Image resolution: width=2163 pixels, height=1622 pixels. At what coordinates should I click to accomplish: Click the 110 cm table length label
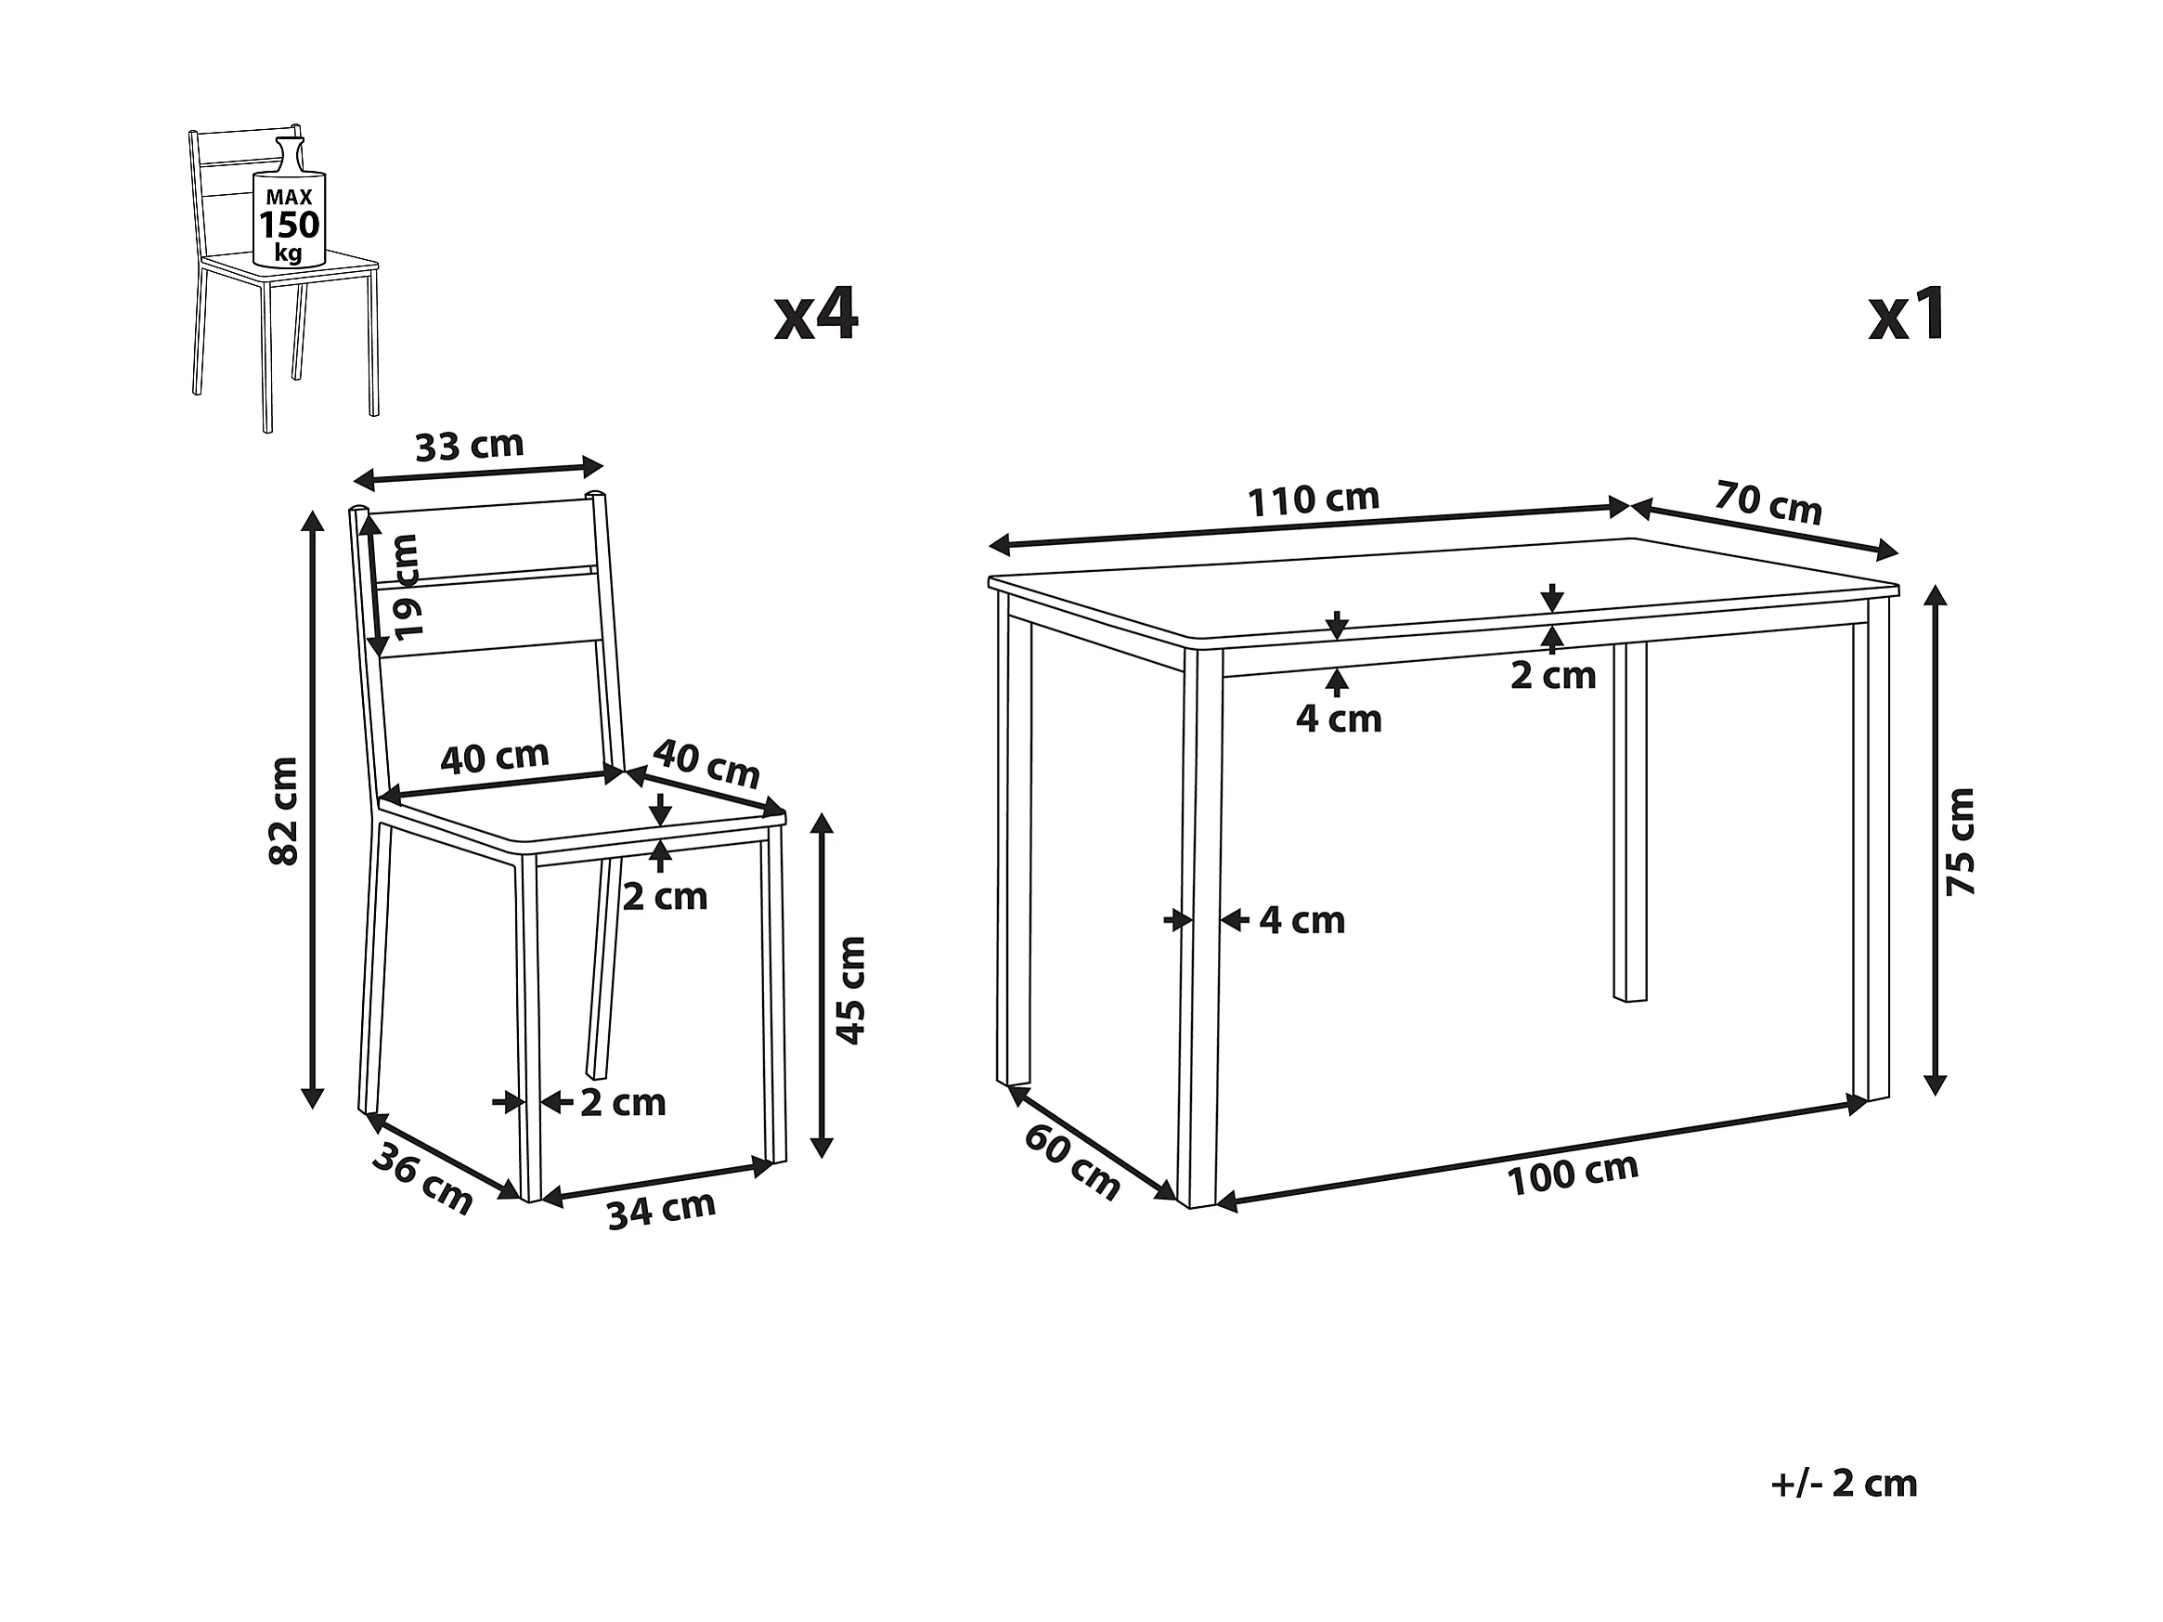1314,500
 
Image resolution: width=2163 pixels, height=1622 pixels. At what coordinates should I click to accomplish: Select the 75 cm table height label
1961,842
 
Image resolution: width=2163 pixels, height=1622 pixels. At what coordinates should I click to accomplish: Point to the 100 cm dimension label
1574,1174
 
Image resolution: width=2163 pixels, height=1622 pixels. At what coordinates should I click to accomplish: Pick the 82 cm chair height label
282,811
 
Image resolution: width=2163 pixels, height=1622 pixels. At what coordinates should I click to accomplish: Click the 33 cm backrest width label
470,446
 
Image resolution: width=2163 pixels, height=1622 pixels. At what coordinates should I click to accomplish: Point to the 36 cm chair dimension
422,1178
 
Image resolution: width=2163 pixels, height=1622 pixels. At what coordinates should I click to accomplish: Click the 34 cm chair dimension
662,1211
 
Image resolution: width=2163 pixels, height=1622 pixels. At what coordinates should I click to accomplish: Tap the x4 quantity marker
817,315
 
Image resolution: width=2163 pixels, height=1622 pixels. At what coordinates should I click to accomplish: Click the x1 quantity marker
1908,315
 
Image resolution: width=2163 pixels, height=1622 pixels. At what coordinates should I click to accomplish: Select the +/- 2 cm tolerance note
1845,1483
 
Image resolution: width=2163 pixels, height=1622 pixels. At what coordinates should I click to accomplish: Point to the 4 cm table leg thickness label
1302,920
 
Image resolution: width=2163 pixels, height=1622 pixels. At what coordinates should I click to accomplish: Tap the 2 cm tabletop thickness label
1553,675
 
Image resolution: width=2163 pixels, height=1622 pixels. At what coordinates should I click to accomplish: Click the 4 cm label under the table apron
1339,719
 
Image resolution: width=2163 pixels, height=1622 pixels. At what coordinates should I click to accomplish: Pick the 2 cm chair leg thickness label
623,1103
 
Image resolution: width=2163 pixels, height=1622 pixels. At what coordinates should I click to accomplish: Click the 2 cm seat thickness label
665,897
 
